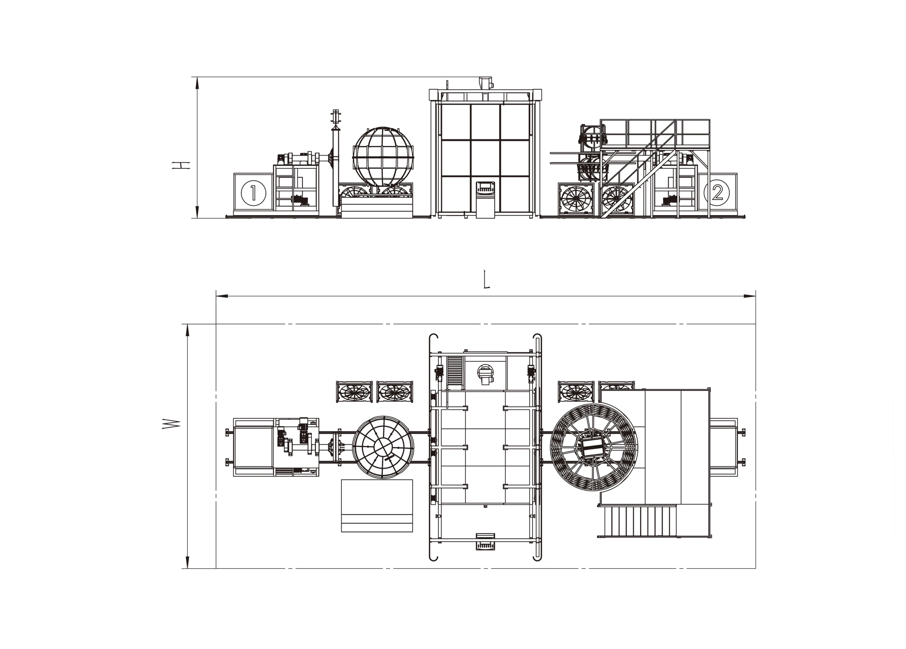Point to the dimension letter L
[x=486, y=279]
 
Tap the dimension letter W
[x=171, y=424]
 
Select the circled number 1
[x=253, y=193]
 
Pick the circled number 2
[x=717, y=193]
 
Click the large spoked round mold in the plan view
[x=594, y=447]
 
